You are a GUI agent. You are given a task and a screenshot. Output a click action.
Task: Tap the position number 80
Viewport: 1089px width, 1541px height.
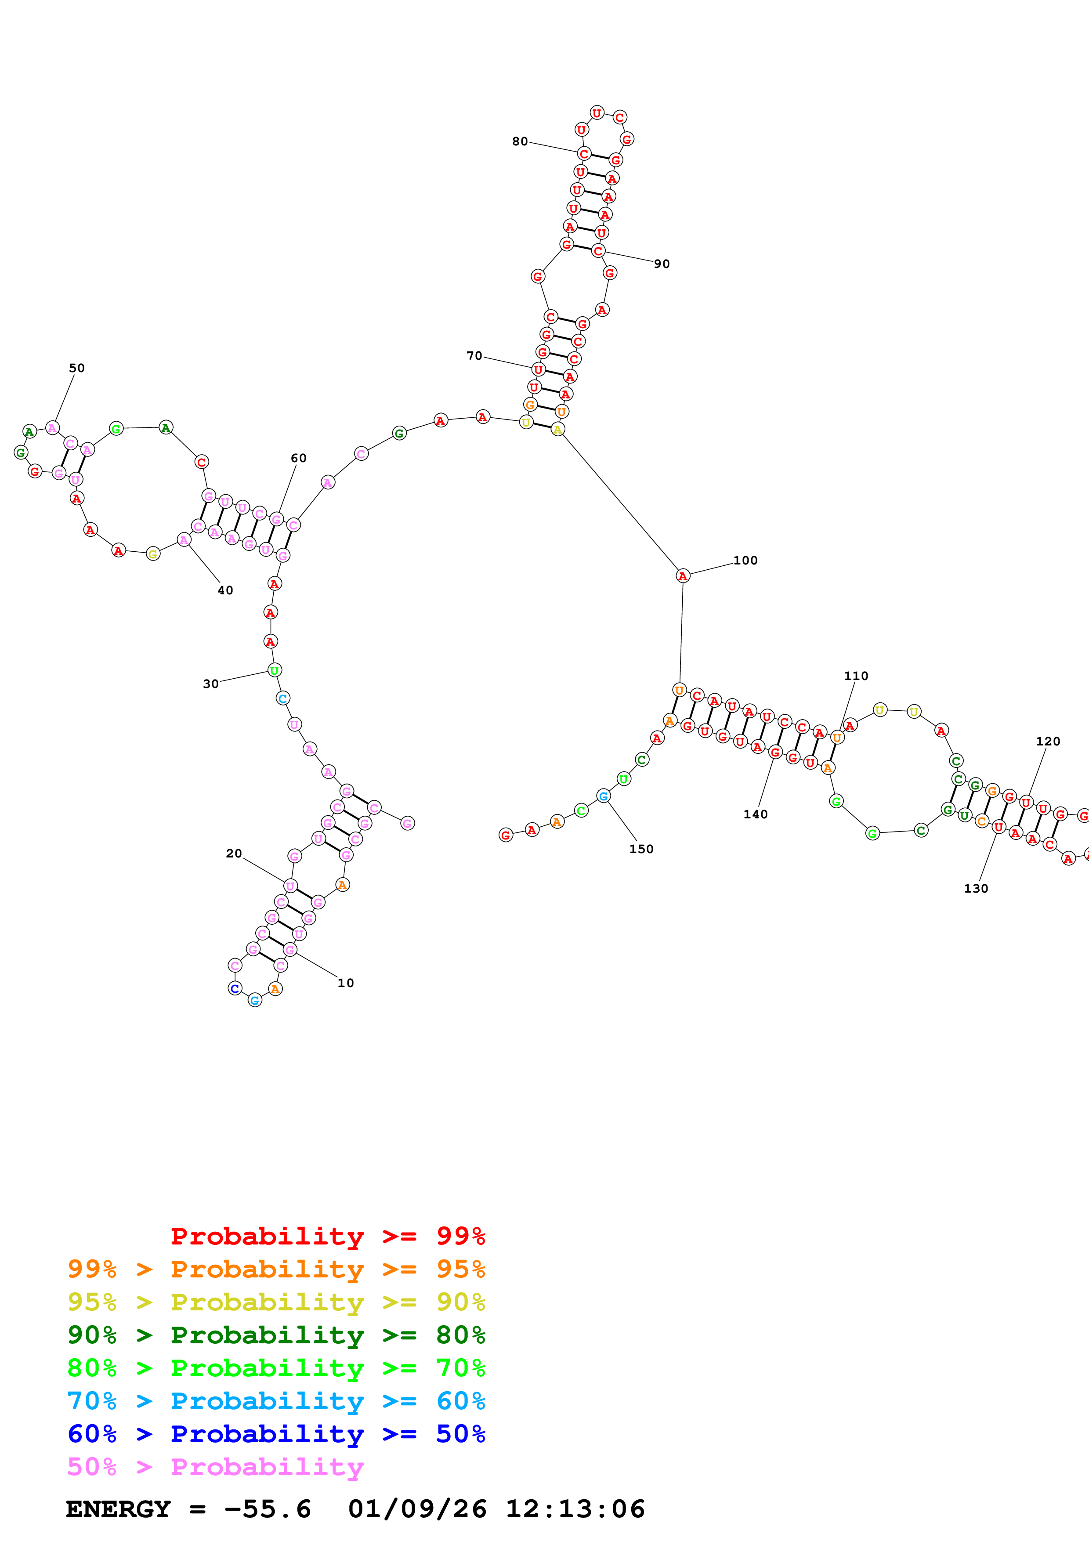520,141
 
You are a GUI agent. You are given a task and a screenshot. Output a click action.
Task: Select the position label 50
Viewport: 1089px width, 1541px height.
77,368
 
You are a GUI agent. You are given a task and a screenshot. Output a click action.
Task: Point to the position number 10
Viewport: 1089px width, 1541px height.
346,983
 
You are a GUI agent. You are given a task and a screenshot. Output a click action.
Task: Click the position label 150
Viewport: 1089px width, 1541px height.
641,849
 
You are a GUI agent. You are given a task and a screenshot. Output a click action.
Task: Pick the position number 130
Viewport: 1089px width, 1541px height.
976,889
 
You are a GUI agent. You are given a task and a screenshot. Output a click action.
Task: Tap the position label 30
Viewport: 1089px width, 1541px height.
211,684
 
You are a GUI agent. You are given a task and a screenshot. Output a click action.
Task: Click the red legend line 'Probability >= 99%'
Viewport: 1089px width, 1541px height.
327,1236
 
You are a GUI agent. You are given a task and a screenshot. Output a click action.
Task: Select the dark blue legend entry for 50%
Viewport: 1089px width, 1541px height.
276,1434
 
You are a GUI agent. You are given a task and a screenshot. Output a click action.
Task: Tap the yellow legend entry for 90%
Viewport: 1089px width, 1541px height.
276,1302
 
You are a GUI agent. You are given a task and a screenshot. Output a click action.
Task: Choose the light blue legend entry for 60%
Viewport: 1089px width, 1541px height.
276,1401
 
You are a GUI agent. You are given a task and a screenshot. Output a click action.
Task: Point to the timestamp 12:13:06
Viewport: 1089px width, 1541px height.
575,1509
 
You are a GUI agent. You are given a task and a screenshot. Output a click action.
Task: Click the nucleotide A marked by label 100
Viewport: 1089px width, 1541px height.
682,576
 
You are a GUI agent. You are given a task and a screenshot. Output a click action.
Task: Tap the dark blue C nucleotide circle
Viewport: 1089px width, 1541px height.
235,989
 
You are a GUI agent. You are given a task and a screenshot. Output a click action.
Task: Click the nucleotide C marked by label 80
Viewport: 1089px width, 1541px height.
584,154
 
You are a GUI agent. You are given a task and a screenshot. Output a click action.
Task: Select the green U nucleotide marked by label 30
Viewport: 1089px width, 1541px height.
275,670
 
